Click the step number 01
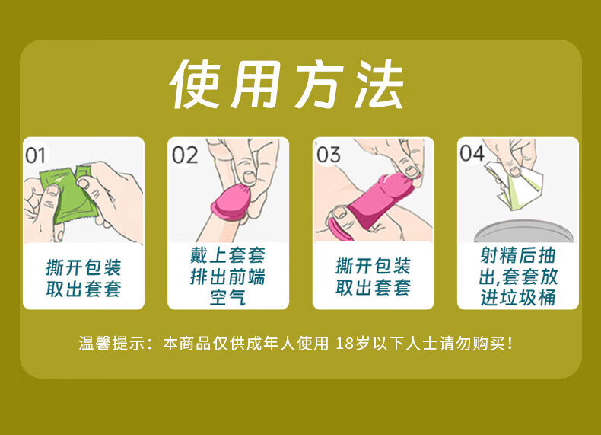tap(35, 155)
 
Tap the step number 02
tap(185, 155)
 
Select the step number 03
tap(329, 155)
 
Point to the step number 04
tap(472, 153)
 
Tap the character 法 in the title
tap(378, 85)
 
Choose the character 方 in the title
tap(320, 85)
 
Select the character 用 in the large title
tap(256, 85)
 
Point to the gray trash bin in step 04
tap(524, 231)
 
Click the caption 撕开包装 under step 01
tap(84, 267)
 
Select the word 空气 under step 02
tap(227, 297)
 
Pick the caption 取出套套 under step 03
tap(374, 287)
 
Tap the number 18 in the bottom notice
tap(345, 344)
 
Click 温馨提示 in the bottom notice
tap(112, 344)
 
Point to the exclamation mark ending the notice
tap(510, 343)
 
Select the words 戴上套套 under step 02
tap(227, 255)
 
